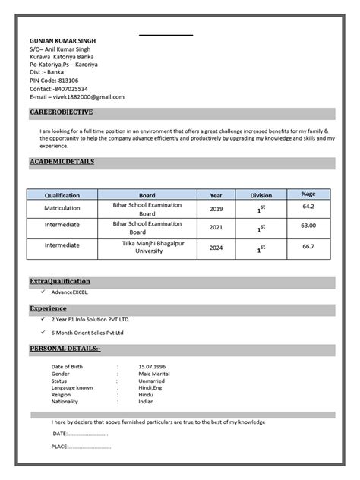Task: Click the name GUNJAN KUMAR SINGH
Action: pos(63,40)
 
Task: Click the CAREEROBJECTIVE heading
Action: pos(62,112)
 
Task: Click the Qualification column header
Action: pos(62,195)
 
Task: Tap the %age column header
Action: pos(308,194)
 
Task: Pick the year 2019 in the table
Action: pos(216,209)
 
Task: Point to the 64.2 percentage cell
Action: pos(308,207)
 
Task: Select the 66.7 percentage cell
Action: pos(308,246)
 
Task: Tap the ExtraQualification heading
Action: pos(60,281)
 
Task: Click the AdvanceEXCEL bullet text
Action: pos(70,292)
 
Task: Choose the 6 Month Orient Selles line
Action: pos(87,333)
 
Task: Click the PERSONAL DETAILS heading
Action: pos(65,348)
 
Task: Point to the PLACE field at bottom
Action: pos(81,447)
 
